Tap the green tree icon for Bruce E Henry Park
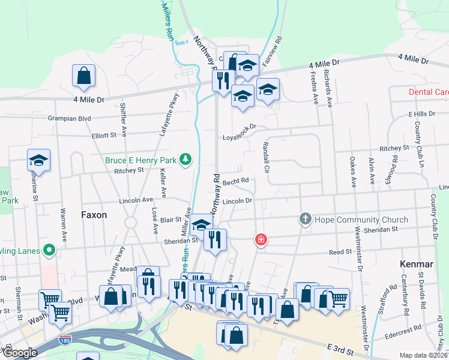coord(187,159)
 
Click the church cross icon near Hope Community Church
coord(305,219)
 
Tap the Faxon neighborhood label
coord(94,214)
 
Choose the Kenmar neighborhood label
coord(414,263)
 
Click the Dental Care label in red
coord(429,92)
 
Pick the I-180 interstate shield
coord(64,340)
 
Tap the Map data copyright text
coord(424,355)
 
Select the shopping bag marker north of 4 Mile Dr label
coord(83,76)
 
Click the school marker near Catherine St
coord(39,160)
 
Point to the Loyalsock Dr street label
coord(239,131)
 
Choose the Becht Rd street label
coord(235,180)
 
